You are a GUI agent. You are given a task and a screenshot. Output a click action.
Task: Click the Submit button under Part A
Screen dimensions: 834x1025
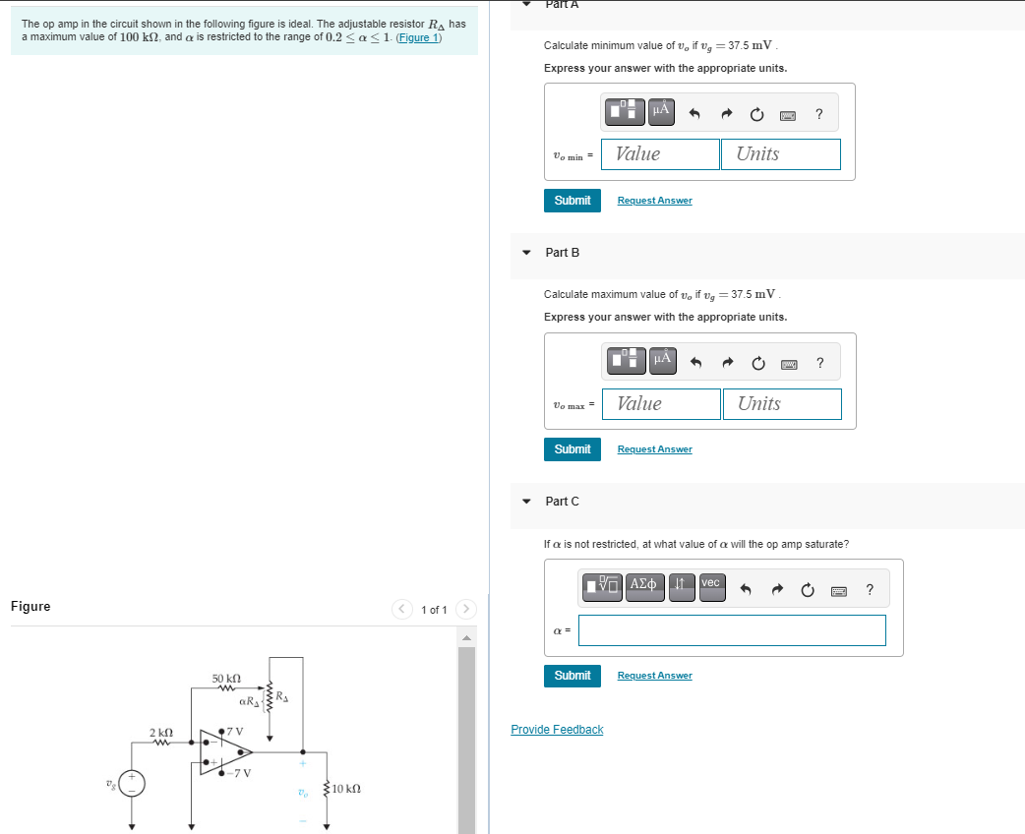tap(572, 200)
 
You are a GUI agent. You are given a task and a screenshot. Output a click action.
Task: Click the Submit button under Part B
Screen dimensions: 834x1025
tap(572, 448)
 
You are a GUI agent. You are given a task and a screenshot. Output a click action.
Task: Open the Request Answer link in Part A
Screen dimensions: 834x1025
tap(654, 201)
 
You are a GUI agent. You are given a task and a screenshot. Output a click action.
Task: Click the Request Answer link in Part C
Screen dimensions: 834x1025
tap(654, 676)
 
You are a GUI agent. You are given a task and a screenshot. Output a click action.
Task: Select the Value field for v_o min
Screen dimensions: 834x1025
tap(660, 154)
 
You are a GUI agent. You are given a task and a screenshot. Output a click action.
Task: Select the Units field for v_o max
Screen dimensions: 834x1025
tap(781, 404)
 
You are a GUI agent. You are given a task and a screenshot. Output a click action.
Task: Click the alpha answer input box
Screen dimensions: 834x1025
tap(731, 630)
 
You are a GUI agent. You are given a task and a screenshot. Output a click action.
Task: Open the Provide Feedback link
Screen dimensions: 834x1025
tap(557, 730)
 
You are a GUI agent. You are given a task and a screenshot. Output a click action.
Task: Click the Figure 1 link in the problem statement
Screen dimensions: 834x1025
tap(418, 37)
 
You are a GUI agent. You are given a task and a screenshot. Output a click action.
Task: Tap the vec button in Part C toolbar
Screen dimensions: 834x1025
tap(711, 584)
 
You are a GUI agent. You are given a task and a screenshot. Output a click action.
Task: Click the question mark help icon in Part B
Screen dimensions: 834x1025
tap(820, 364)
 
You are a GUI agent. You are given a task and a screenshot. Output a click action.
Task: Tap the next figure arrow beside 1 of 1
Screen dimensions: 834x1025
tap(466, 610)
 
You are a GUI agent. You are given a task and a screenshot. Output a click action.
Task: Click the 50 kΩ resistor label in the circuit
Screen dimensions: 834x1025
tap(227, 680)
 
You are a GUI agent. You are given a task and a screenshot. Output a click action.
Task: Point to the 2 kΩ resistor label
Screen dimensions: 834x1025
tap(161, 733)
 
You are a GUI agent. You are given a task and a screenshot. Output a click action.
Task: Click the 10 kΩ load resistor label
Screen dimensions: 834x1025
tap(347, 789)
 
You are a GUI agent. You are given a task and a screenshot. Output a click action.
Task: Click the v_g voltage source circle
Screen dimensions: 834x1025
tap(133, 783)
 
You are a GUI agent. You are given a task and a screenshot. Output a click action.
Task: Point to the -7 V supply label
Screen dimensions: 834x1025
tap(240, 773)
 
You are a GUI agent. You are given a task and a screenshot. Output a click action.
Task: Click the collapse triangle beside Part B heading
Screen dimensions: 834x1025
tap(527, 253)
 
